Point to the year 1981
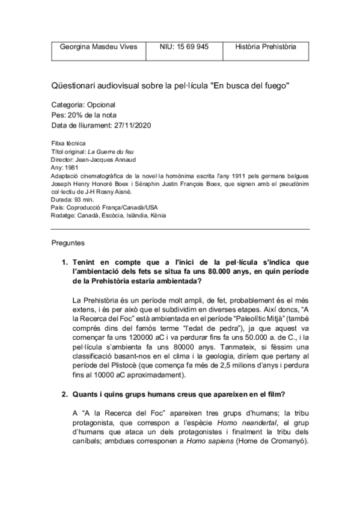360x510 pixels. tap(73, 168)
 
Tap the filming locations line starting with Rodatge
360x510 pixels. tap(109, 215)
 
